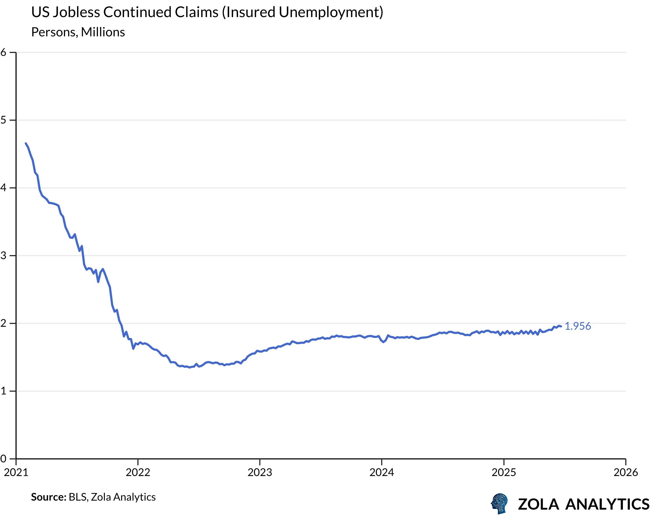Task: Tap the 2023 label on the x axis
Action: (260, 473)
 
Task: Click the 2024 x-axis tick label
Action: (382, 473)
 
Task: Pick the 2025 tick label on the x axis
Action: (504, 473)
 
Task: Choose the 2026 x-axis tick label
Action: (626, 473)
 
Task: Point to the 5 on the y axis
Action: (3, 120)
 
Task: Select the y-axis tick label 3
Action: (3, 255)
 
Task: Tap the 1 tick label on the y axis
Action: (3, 391)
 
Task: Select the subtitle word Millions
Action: (103, 32)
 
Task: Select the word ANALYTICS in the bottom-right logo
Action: (607, 504)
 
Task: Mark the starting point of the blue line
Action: (26, 143)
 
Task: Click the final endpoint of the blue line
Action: (561, 327)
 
